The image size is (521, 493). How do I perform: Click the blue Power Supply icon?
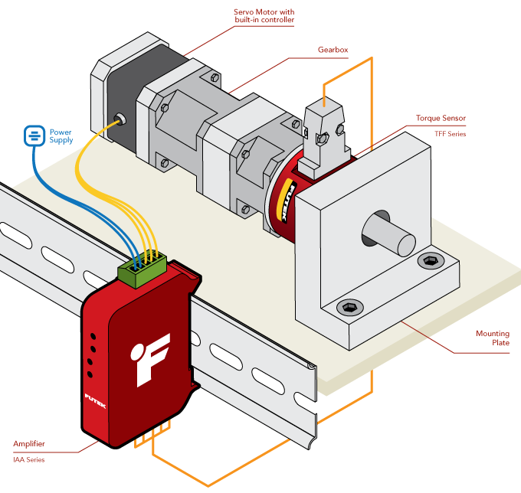coord(34,136)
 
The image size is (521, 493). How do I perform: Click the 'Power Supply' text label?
coord(61,136)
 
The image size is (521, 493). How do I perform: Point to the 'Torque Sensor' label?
coord(441,119)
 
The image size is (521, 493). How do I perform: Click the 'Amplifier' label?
coord(29,444)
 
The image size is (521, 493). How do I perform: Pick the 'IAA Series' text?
coord(29,460)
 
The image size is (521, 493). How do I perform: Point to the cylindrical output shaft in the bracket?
coord(391,233)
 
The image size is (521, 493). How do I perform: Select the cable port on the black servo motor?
coord(120,119)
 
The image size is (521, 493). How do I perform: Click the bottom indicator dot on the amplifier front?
coord(90,374)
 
